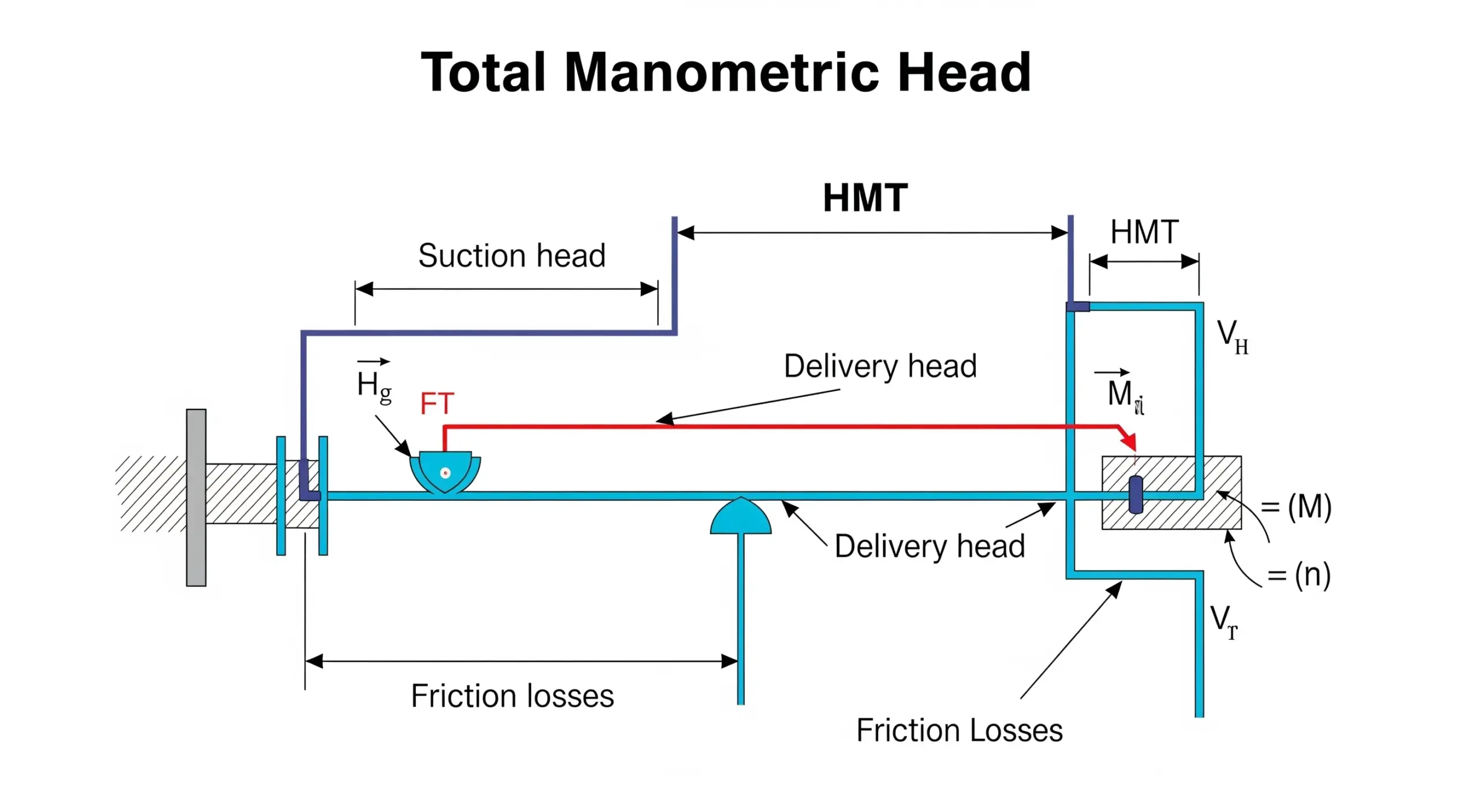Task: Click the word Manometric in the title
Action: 722,73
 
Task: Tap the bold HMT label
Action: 865,198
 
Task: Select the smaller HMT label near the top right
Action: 1144,232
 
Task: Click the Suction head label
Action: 512,255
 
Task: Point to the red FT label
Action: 437,403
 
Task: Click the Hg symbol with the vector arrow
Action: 374,384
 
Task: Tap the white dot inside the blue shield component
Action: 445,473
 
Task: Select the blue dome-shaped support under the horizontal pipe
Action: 741,517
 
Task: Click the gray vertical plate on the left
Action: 196,497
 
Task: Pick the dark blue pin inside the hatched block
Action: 1136,494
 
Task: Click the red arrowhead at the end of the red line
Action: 1129,442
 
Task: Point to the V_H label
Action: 1232,338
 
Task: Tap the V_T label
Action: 1224,622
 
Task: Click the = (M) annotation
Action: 1296,507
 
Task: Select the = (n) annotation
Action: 1299,574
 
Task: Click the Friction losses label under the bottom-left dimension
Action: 512,696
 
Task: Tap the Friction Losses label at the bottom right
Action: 959,730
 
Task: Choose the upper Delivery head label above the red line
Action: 880,366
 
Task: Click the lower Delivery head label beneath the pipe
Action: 930,546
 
